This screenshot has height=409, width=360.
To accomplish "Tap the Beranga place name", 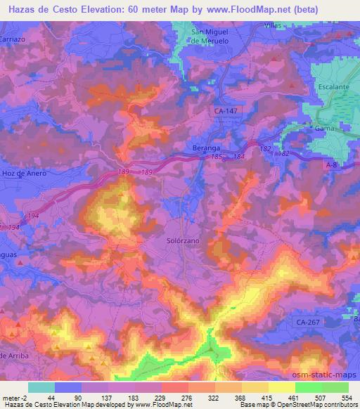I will point(207,148).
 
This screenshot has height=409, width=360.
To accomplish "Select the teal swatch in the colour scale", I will point(41,387).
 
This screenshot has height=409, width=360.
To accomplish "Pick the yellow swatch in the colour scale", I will point(282,387).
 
